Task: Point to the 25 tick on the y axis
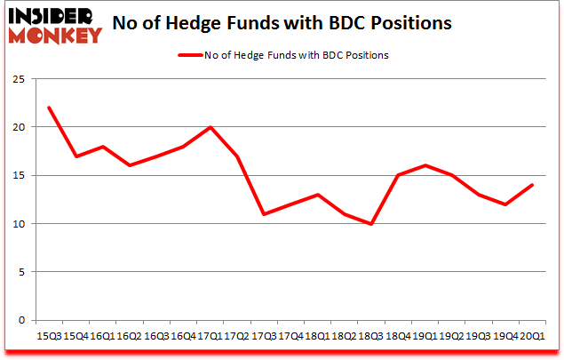pyautogui.click(x=18, y=79)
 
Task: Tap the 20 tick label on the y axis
pyautogui.click(x=18, y=127)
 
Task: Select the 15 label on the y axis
pyautogui.click(x=18, y=175)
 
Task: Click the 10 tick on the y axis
pyautogui.click(x=18, y=223)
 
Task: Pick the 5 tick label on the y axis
pyautogui.click(x=20, y=272)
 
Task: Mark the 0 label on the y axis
pyautogui.click(x=20, y=320)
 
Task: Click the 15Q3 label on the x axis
pyautogui.click(x=49, y=338)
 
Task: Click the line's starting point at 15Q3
pyautogui.click(x=49, y=108)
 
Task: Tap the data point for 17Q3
pyautogui.click(x=263, y=214)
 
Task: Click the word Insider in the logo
pyautogui.click(x=55, y=17)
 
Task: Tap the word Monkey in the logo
pyautogui.click(x=55, y=36)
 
